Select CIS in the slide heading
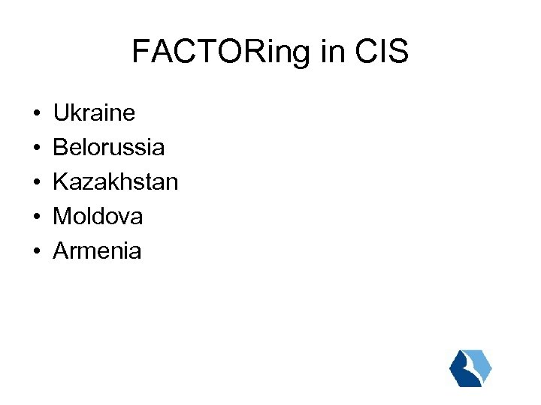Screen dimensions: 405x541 tap(383, 52)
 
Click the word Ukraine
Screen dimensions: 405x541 tap(94, 113)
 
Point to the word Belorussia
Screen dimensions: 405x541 tap(108, 148)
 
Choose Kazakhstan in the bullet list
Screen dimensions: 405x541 tap(115, 182)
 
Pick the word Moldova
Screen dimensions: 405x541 tap(98, 217)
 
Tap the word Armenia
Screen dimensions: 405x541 tap(97, 251)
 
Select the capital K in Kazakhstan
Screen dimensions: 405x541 tap(59, 182)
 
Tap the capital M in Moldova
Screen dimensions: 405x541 tap(61, 217)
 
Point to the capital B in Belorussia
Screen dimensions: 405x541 tap(59, 148)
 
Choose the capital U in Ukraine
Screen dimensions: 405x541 tap(60, 113)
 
